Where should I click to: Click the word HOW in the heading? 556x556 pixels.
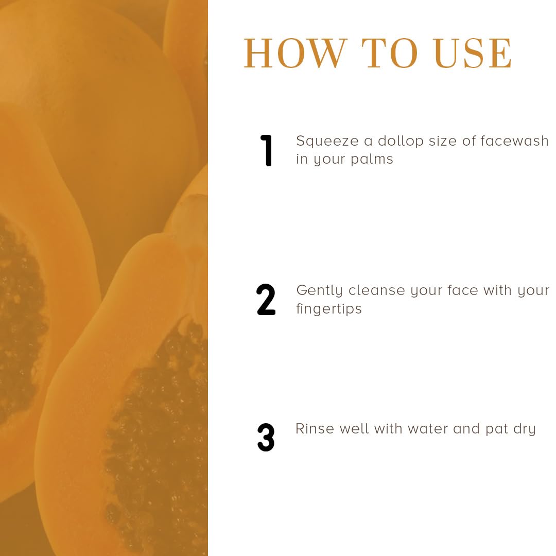pyautogui.click(x=295, y=53)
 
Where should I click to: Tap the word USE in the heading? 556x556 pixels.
pyautogui.click(x=473, y=53)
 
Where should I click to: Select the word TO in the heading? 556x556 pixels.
pyautogui.click(x=390, y=53)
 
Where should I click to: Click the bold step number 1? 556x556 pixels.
pyautogui.click(x=266, y=150)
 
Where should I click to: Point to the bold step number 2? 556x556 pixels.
pyautogui.click(x=266, y=300)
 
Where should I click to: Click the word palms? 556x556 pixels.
pyautogui.click(x=372, y=160)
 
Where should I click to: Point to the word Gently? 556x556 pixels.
pyautogui.click(x=320, y=291)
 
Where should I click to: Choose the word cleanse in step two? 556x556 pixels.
pyautogui.click(x=376, y=290)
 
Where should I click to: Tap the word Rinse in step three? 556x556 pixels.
pyautogui.click(x=315, y=429)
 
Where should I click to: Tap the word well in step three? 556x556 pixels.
pyautogui.click(x=354, y=429)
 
